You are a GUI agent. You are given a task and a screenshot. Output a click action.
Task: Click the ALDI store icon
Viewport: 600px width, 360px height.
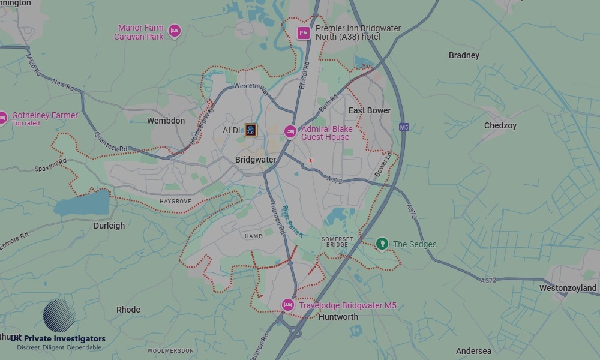250,130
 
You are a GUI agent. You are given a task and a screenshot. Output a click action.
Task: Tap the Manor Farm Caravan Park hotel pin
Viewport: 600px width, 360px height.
174,31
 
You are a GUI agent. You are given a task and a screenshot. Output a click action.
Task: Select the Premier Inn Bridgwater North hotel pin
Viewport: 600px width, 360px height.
304,32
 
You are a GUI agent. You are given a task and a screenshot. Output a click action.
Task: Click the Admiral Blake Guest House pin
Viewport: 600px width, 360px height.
290,131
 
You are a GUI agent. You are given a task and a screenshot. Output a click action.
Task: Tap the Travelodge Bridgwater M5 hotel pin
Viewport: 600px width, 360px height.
288,305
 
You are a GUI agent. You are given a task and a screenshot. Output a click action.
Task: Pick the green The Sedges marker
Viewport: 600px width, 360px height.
382,244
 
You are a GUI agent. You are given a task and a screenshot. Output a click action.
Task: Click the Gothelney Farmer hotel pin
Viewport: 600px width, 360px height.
3,118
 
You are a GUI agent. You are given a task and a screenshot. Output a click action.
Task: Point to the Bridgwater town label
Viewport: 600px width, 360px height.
256,160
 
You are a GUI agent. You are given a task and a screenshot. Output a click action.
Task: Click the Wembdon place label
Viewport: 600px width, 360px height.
166,121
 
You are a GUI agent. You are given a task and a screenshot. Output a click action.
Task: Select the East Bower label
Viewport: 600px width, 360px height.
370,110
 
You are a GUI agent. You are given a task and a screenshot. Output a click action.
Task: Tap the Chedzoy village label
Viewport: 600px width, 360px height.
500,125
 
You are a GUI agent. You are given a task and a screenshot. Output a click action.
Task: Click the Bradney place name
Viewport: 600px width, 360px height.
464,55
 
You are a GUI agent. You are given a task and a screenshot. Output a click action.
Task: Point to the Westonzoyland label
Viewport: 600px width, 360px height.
568,288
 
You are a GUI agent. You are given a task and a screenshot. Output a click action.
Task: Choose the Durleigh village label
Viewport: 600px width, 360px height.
109,226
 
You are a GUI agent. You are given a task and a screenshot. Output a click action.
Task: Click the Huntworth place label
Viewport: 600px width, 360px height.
338,317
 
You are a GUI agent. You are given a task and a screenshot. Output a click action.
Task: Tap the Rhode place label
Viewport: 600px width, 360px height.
128,310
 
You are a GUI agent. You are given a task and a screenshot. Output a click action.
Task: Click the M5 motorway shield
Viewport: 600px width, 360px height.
403,127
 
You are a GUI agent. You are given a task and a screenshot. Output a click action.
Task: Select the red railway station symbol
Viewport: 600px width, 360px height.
310,160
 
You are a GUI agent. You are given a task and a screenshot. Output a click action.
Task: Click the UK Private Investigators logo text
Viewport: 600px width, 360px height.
58,339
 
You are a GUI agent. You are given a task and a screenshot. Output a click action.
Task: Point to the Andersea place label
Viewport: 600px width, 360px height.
473,351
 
